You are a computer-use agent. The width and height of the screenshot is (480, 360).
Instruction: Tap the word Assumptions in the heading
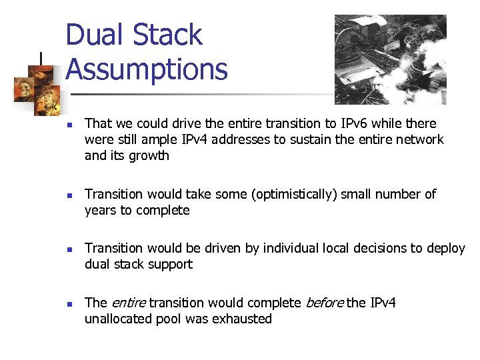click(147, 69)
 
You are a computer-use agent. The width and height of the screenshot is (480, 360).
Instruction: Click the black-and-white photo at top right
click(390, 59)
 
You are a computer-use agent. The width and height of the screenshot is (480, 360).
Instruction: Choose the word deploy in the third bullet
click(446, 248)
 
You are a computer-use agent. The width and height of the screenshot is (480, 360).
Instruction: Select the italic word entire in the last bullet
click(128, 303)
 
